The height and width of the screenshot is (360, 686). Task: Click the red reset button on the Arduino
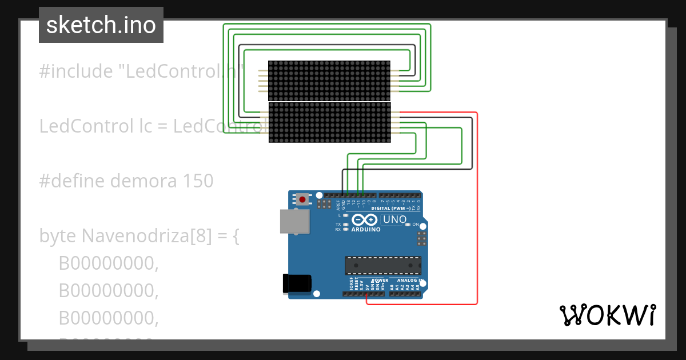[302, 199]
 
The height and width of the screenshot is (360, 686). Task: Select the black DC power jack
[297, 284]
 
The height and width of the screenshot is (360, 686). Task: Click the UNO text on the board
[394, 219]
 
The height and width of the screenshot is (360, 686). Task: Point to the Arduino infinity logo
[365, 220]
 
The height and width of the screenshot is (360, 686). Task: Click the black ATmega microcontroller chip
[382, 266]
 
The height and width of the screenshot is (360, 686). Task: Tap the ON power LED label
[416, 225]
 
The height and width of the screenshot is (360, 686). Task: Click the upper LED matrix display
[329, 81]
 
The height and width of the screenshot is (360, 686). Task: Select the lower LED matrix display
[329, 122]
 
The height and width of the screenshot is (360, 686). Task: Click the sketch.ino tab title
[101, 25]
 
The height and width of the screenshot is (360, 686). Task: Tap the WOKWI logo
[607, 315]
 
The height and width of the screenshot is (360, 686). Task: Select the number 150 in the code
[198, 181]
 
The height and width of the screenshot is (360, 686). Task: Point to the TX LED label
[338, 225]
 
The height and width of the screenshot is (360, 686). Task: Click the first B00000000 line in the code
[108, 263]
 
